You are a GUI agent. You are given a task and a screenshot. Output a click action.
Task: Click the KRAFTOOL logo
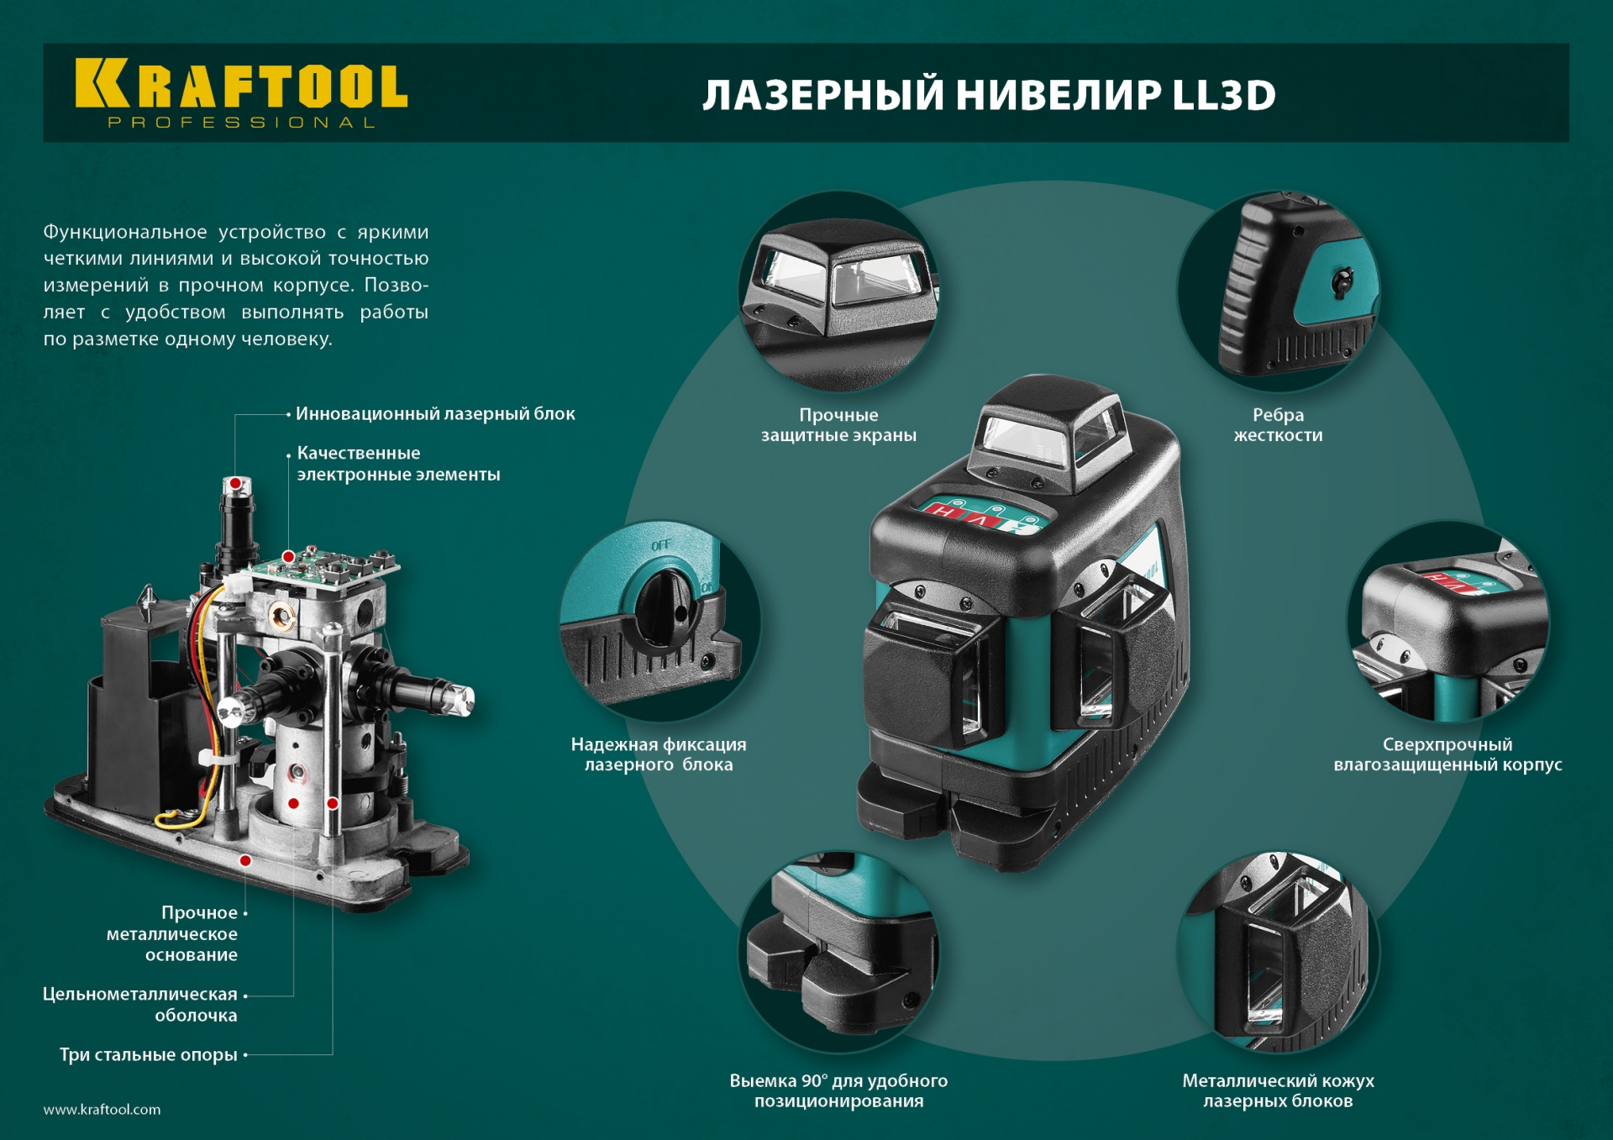[241, 84]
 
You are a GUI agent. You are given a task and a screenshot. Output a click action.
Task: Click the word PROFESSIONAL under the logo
[241, 123]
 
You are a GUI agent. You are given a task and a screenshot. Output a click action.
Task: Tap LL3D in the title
[1224, 95]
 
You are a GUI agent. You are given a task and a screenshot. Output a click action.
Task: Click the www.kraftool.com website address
[102, 1109]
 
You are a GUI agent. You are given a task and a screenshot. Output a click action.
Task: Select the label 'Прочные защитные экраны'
[838, 425]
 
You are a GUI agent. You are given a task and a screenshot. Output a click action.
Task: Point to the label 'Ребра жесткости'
[1278, 425]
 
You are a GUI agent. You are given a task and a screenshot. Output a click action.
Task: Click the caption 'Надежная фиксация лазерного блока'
[659, 754]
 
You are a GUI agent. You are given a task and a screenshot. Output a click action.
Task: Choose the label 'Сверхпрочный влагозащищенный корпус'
[1447, 754]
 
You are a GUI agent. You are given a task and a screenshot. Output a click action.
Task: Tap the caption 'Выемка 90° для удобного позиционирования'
[838, 1090]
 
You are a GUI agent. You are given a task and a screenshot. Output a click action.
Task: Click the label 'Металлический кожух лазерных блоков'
[1278, 1090]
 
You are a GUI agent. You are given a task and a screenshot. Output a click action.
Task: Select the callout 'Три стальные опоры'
[149, 1054]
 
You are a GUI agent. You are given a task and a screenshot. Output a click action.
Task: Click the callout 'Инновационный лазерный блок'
[435, 413]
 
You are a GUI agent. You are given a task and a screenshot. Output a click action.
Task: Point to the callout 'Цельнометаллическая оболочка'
[141, 1004]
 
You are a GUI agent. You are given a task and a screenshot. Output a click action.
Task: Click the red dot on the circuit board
[288, 556]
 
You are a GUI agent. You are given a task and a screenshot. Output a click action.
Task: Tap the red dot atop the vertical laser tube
[236, 483]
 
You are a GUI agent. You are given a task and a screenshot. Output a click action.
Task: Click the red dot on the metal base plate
[245, 860]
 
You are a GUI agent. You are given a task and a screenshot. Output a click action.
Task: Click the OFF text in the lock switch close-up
[661, 545]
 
